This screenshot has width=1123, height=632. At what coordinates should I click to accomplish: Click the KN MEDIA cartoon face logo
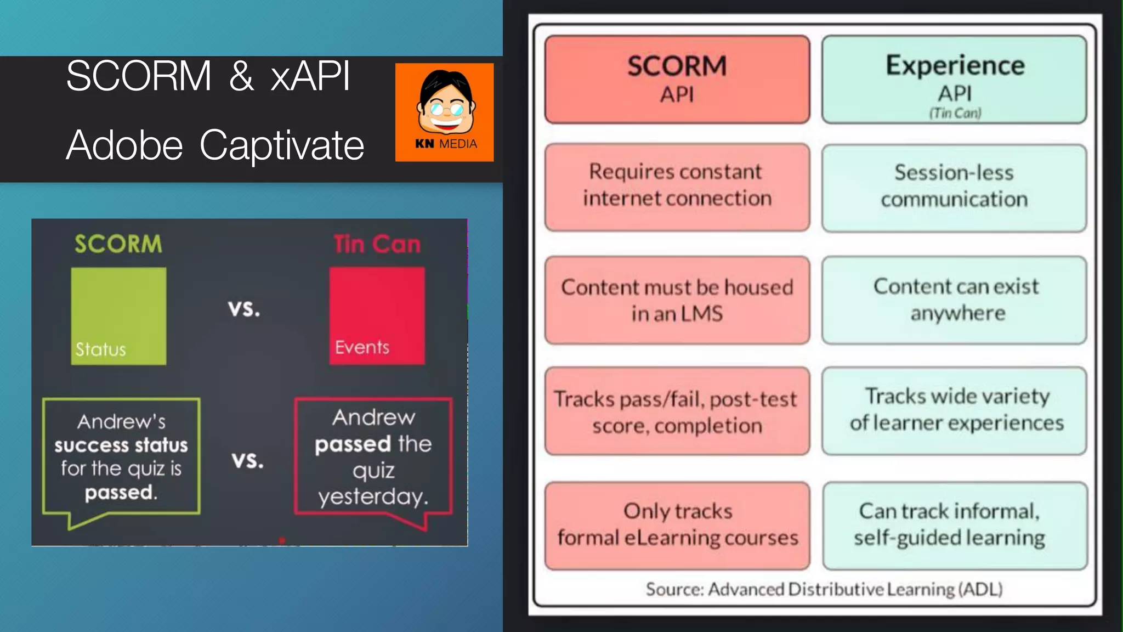coord(445,112)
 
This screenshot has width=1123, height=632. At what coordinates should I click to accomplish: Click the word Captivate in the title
coord(282,145)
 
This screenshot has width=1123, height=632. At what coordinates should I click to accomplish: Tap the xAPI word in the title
coord(310,76)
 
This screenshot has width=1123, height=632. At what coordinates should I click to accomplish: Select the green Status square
coord(118,316)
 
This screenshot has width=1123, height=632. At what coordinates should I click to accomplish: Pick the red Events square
coord(377,316)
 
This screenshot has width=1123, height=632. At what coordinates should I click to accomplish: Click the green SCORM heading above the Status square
coord(118,244)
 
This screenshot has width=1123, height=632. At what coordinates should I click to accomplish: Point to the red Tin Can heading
coord(377,244)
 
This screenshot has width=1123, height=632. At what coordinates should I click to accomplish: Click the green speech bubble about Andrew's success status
coord(121,457)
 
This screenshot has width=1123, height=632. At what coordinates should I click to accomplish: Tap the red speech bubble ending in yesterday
coord(373,457)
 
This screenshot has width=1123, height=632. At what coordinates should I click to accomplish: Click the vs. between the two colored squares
coord(245,309)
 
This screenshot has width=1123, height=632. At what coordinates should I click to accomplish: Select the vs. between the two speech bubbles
coord(248,460)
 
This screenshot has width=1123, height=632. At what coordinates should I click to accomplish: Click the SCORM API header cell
coord(677,80)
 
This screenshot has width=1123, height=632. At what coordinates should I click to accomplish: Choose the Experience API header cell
coord(955,80)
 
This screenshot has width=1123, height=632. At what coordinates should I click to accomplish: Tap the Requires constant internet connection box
coord(677,187)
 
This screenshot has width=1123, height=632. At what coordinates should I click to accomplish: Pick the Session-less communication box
coord(955,187)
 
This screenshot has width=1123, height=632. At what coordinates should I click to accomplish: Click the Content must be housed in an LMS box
coord(677,300)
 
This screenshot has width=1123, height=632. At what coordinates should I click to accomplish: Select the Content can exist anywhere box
coord(955,300)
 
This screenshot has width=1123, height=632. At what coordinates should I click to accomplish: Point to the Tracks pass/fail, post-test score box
coord(677,411)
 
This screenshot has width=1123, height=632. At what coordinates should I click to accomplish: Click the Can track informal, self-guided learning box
coord(955,526)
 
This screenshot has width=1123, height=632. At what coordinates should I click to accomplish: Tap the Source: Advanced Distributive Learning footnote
coord(824,589)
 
